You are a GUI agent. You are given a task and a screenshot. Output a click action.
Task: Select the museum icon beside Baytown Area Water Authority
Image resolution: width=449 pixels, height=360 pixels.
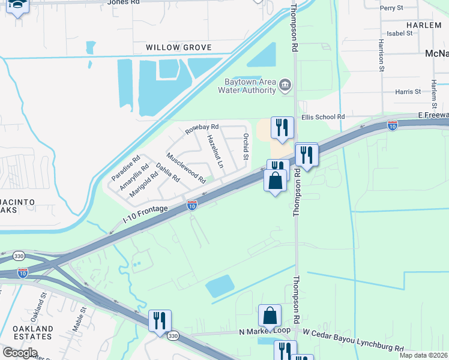[x=285, y=85]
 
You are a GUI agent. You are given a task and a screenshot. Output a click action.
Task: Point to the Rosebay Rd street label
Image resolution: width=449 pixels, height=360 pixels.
[x=202, y=129]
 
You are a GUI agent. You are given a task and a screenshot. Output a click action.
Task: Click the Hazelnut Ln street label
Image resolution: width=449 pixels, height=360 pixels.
[x=214, y=151]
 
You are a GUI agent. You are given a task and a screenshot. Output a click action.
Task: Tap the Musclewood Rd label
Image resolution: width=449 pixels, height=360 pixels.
[x=186, y=169]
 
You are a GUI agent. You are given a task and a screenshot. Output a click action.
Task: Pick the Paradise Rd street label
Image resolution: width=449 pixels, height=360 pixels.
[x=125, y=169]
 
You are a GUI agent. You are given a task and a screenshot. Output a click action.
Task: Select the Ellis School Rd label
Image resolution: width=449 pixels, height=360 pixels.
[x=323, y=117]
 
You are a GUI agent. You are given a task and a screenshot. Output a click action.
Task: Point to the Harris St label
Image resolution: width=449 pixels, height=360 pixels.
[x=408, y=92]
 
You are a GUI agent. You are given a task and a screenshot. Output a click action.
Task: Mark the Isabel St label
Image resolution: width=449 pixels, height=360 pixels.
[x=400, y=34]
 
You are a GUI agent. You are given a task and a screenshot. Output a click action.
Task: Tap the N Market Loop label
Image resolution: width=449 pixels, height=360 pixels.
[x=264, y=331]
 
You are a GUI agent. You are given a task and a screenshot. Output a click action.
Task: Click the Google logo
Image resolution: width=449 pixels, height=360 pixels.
[x=19, y=352]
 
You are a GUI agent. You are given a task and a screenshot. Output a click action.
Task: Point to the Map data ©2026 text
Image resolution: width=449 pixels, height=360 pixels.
[x=423, y=355]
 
